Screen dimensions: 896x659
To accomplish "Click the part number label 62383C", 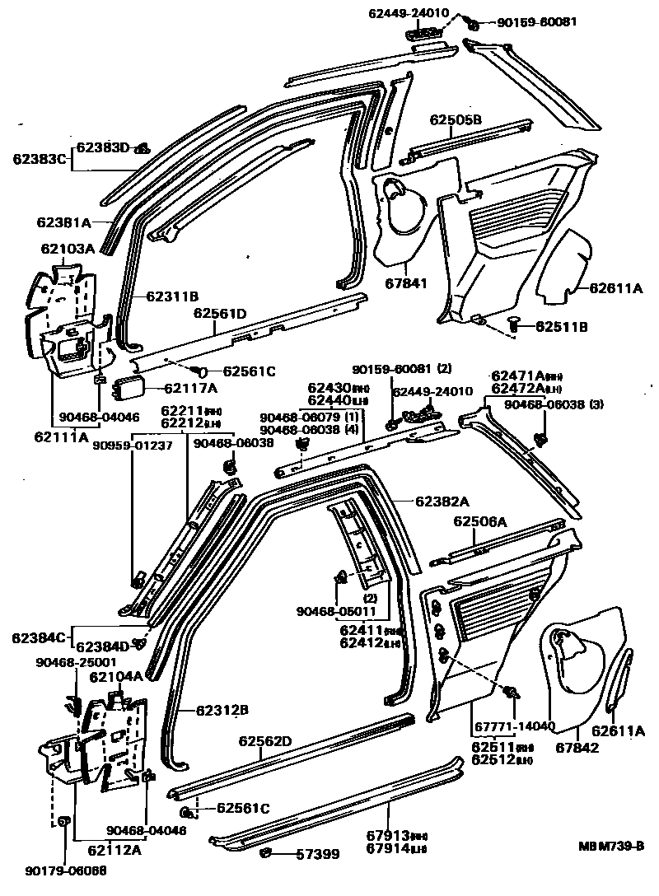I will click(x=39, y=157).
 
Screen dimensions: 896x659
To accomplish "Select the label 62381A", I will click(x=63, y=222).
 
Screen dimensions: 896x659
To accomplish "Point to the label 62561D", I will click(x=220, y=313).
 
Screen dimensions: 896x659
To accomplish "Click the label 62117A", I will click(x=190, y=388).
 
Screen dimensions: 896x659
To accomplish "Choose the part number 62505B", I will click(x=455, y=120).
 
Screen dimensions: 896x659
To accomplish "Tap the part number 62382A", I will click(x=442, y=502).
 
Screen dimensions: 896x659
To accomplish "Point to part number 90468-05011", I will click(x=336, y=610).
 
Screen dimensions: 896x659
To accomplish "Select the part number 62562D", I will click(x=265, y=741).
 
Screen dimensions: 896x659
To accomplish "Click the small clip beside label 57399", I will click(x=267, y=853).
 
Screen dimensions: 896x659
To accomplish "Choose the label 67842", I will click(x=577, y=748).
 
